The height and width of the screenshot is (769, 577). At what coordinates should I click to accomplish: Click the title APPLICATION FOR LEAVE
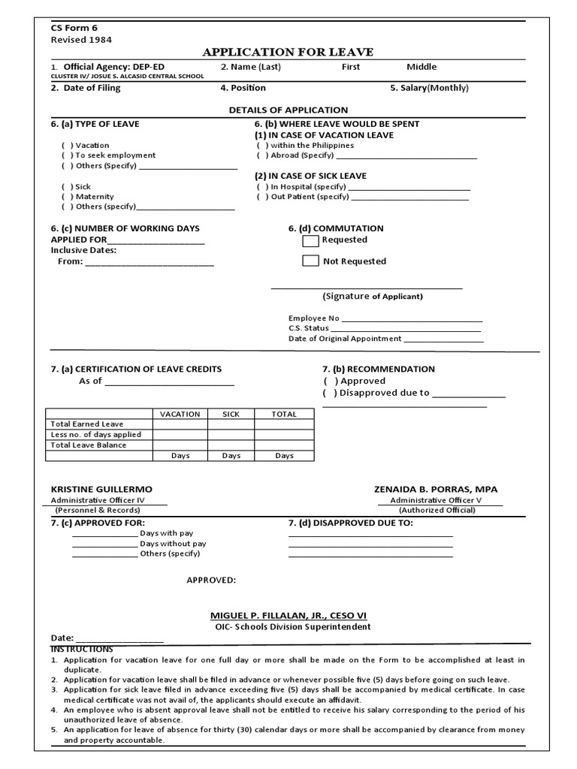(x=288, y=52)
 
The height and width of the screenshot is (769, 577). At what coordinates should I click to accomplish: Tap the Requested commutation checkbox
(x=310, y=240)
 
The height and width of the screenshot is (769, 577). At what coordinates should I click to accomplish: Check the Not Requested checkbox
(x=310, y=261)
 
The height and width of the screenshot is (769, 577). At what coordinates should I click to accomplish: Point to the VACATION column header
(x=180, y=414)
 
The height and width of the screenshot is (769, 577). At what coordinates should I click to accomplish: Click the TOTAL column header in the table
(x=284, y=414)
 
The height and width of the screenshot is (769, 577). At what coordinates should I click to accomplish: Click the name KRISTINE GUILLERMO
(x=101, y=489)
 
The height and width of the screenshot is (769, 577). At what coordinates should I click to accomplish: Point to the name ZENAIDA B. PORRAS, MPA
(x=436, y=489)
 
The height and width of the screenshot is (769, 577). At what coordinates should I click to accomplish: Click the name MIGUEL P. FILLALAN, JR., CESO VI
(x=288, y=615)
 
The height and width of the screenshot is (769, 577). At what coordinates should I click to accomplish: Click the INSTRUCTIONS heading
(x=82, y=649)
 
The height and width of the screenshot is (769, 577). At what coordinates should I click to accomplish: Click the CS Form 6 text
(x=74, y=28)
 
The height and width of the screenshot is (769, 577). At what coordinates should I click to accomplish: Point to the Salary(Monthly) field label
(x=429, y=88)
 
